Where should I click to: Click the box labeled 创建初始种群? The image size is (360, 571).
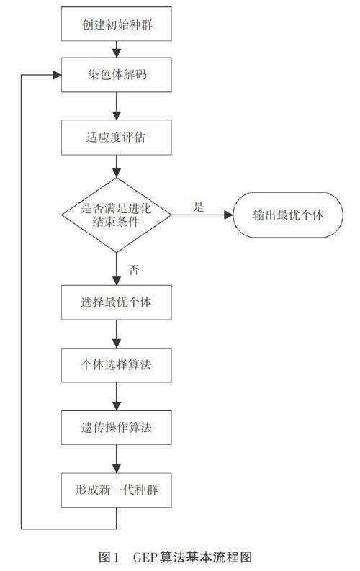point(117,24)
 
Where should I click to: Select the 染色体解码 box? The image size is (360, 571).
point(117,75)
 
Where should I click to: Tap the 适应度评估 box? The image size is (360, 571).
point(117,138)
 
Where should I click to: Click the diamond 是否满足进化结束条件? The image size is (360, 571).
point(117,215)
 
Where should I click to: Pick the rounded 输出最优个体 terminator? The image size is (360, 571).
point(288,215)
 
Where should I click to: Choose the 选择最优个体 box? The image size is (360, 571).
point(117,302)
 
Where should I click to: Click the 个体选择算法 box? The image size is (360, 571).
point(117,365)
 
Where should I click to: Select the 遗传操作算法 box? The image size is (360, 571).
point(117,428)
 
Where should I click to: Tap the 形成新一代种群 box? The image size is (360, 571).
point(117,490)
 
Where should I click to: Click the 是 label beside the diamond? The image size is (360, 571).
point(199,207)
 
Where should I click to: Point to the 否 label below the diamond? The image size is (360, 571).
point(134,270)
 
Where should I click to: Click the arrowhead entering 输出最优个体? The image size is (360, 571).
point(228,215)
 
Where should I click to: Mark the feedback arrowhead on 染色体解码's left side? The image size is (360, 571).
point(57,75)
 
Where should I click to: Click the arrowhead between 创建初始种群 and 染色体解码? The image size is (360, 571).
point(117,53)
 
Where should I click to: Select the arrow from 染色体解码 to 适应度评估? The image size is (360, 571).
point(117,106)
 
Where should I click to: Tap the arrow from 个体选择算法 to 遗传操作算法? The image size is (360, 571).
point(117,396)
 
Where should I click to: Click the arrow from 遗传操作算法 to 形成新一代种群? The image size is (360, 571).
point(117,459)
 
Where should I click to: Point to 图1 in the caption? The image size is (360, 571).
point(109,557)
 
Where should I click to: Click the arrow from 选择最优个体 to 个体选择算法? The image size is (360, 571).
point(117,334)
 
